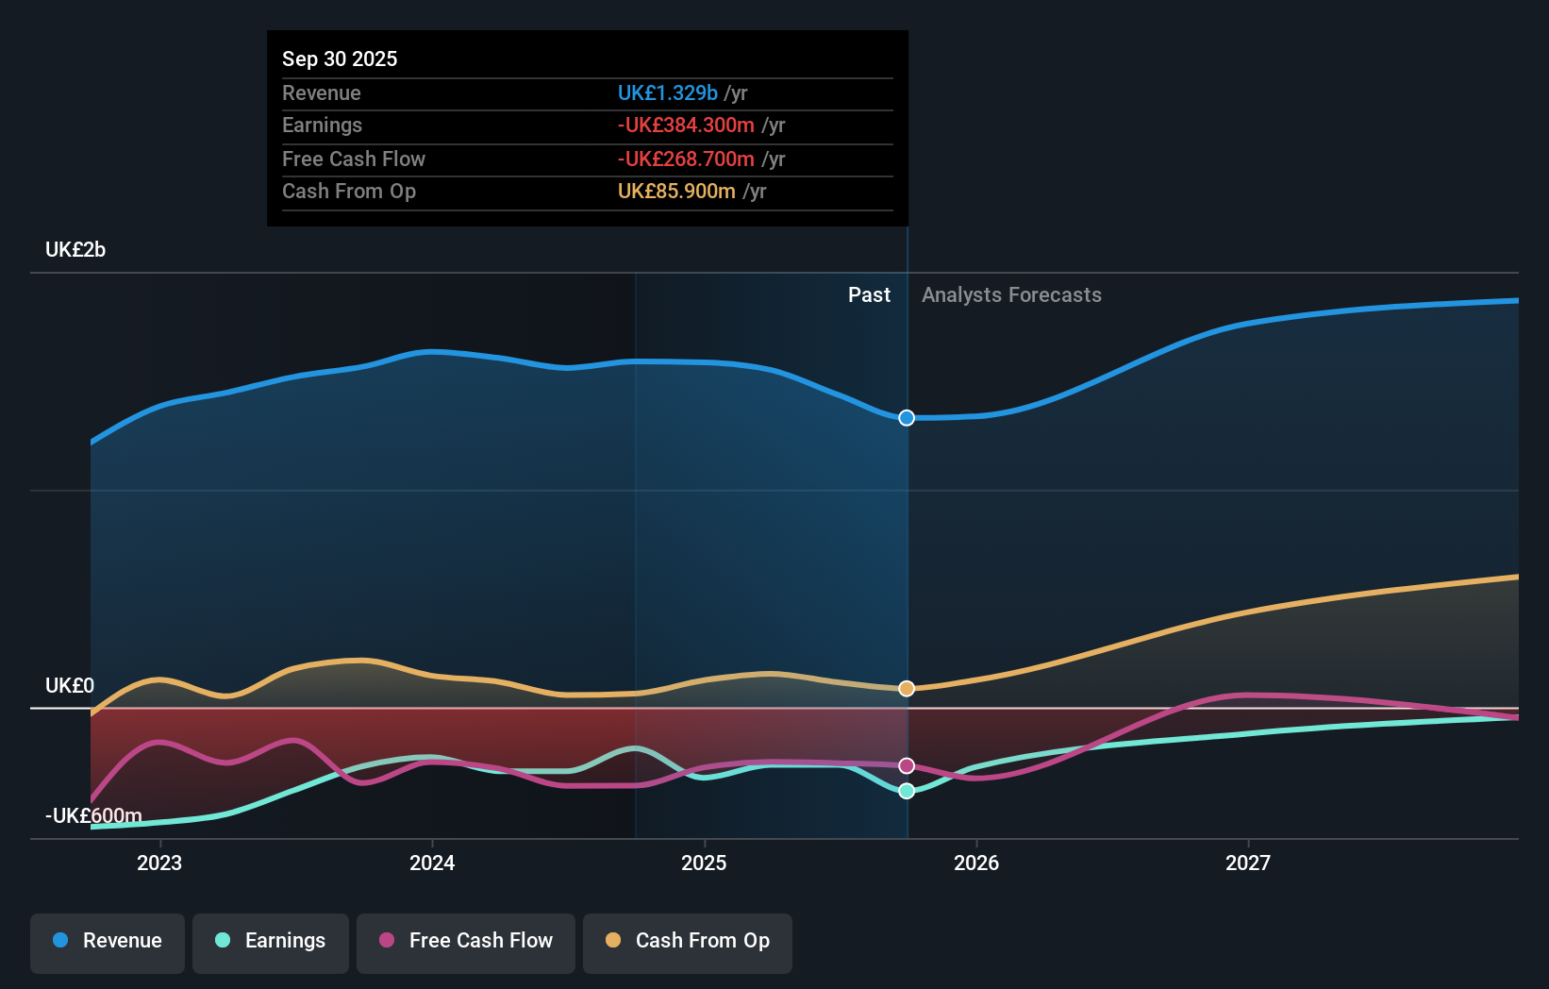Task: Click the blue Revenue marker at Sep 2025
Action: [907, 418]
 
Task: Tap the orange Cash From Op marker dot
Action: [907, 689]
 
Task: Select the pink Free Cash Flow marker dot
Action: [907, 765]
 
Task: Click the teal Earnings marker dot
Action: [907, 791]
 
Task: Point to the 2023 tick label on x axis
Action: [159, 863]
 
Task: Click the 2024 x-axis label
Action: [432, 863]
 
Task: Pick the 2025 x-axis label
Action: [704, 863]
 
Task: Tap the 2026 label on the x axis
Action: [976, 863]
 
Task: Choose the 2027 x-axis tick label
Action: [1248, 863]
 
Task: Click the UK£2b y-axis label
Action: [75, 250]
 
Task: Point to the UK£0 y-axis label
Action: [70, 686]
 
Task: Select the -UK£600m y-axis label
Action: [93, 815]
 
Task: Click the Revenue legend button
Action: [108, 941]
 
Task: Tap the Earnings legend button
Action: [271, 941]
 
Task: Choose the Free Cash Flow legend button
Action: [466, 941]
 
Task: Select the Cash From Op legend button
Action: [688, 941]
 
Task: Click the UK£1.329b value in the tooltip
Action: [667, 93]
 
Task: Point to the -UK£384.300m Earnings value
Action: [686, 126]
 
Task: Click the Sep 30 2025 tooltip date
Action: [340, 59]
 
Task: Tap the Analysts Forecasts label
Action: [1011, 295]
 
